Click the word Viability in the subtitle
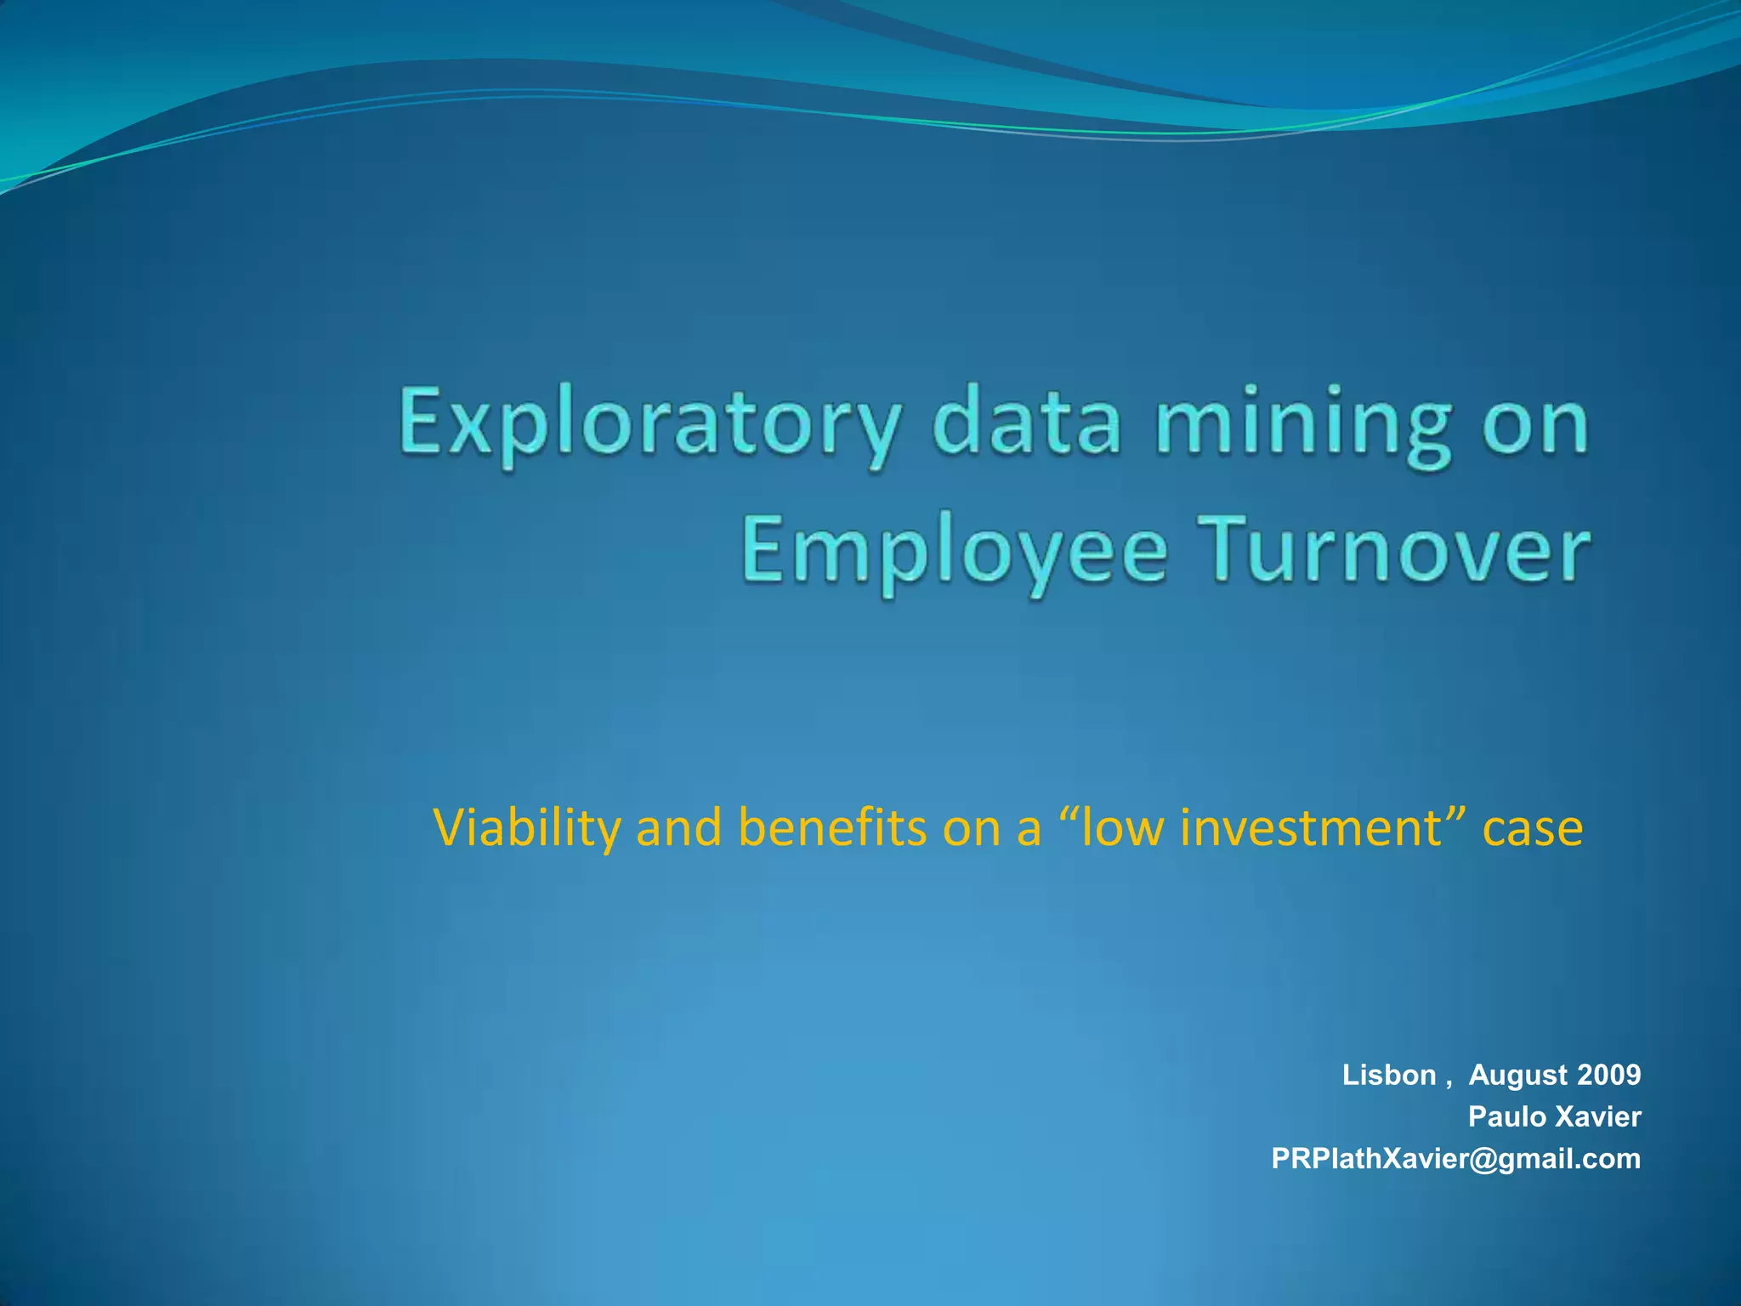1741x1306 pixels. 526,827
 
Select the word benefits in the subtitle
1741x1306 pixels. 832,827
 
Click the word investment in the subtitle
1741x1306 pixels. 1311,827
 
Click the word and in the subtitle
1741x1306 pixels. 678,827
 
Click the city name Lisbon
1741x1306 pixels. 1388,1076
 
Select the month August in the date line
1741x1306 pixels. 1518,1076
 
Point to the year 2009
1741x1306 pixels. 1608,1076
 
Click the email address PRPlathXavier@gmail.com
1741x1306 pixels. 1455,1159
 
